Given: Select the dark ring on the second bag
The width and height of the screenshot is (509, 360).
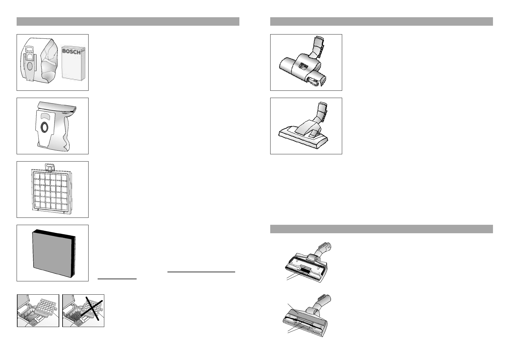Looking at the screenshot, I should click(x=44, y=127).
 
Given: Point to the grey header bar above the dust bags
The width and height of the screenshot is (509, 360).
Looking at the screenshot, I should click(x=128, y=21).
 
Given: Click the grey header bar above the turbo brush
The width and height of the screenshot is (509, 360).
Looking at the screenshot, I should click(x=381, y=21).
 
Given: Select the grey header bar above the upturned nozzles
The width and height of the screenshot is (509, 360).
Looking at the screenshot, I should click(x=381, y=229).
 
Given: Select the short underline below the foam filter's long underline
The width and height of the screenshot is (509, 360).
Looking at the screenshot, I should click(x=117, y=279).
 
